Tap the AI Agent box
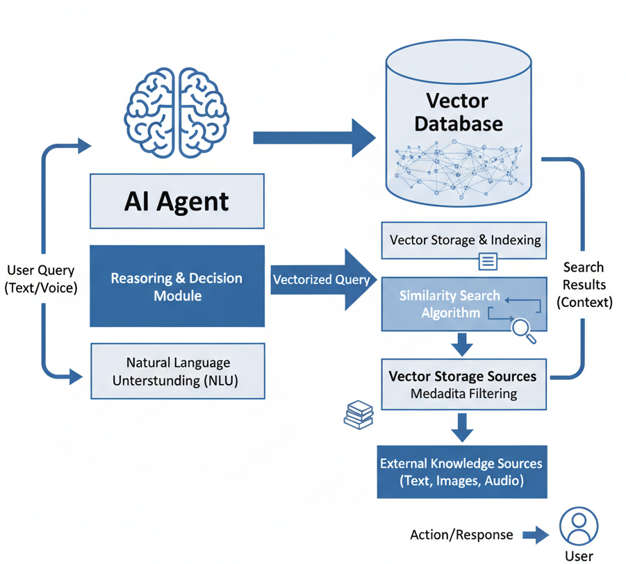tap(177, 201)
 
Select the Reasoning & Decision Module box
tap(177, 286)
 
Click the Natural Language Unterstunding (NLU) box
tap(178, 372)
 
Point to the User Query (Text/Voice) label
tap(40, 278)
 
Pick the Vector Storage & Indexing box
tap(465, 240)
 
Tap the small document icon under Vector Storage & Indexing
tap(488, 261)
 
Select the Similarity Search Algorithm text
tap(450, 304)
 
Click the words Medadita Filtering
tap(463, 394)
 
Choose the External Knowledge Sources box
tap(462, 472)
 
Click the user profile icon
tap(579, 526)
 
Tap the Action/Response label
tap(462, 535)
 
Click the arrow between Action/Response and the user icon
tap(536, 535)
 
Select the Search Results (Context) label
tap(584, 285)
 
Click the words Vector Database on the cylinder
tap(458, 113)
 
